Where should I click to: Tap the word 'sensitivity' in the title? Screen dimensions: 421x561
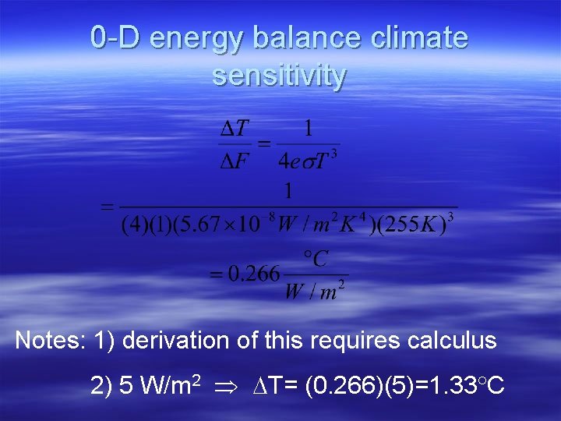click(279, 76)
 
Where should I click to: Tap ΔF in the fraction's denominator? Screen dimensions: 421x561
click(234, 161)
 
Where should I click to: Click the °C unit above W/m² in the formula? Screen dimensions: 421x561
click(316, 258)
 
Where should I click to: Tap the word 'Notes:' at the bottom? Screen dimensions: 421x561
click(50, 341)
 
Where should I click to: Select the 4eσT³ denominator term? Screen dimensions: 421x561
click(308, 161)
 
